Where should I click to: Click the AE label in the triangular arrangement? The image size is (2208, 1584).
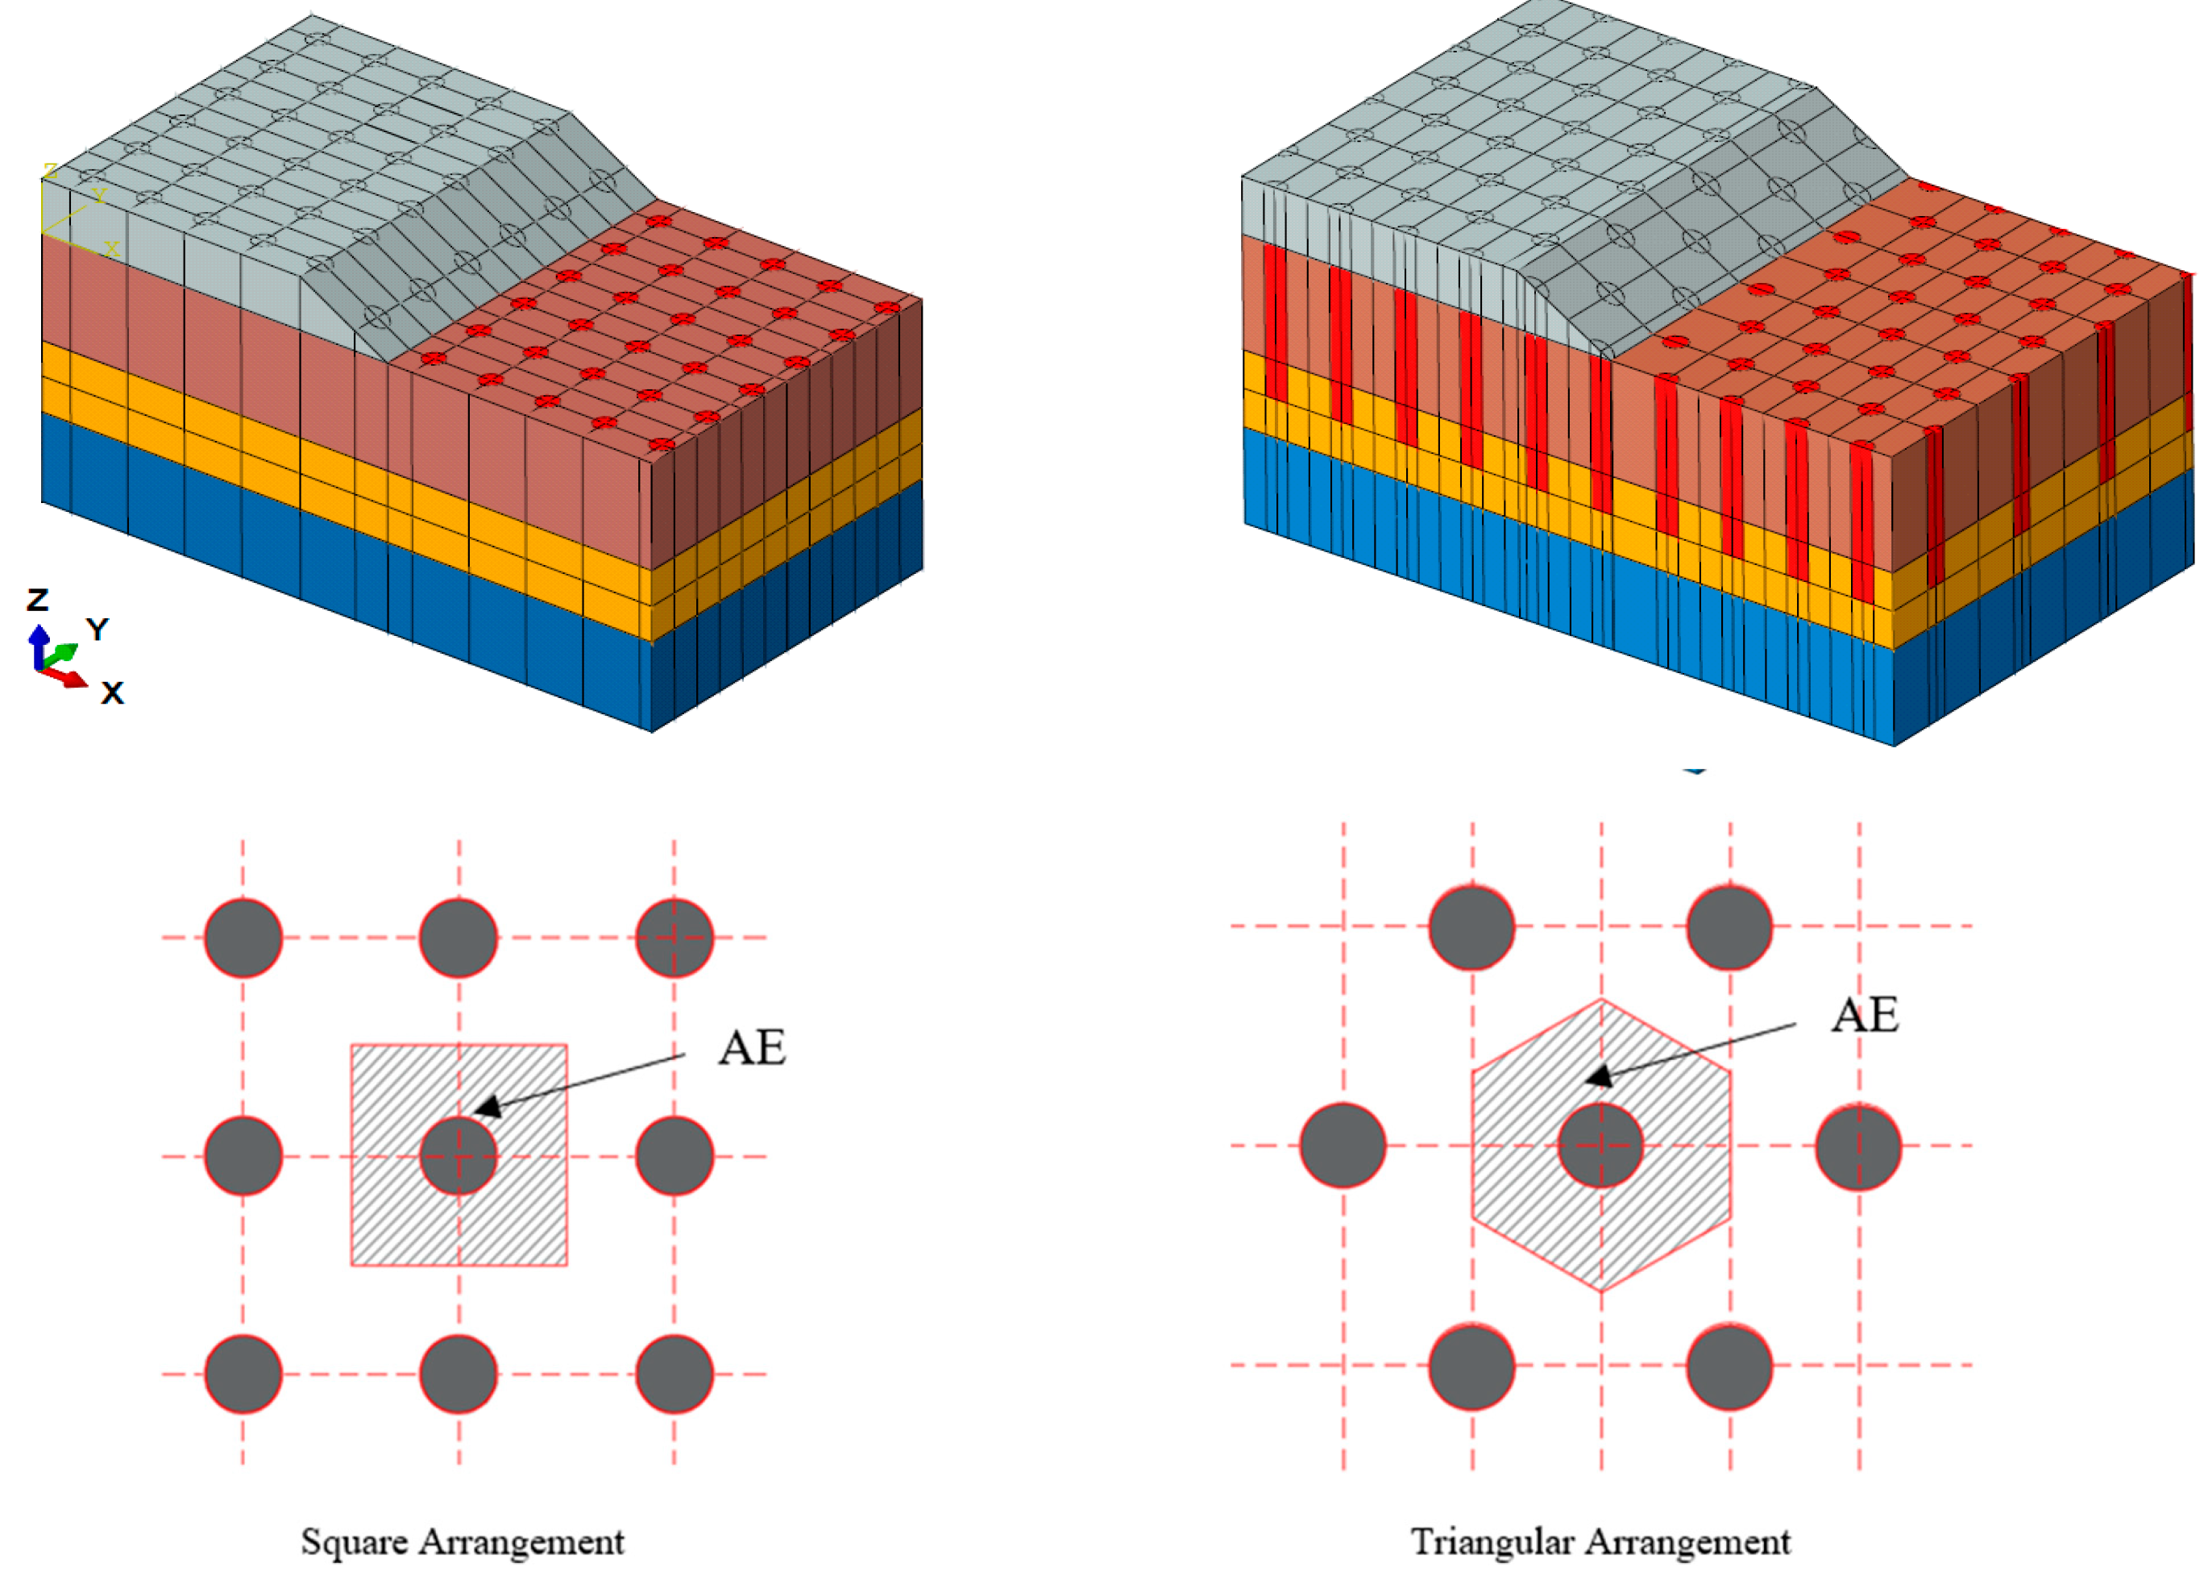click(1865, 1017)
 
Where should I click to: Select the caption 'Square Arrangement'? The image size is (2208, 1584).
click(463, 1542)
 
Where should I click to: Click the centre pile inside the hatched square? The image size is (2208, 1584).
click(459, 1156)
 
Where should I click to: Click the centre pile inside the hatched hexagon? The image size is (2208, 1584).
click(1600, 1146)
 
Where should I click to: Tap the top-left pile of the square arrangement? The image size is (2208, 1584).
click(243, 938)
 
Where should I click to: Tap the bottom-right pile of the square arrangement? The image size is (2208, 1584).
click(674, 1374)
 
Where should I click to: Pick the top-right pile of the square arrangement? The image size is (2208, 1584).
click(674, 938)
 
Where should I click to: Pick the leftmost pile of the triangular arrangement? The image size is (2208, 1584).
click(1343, 1146)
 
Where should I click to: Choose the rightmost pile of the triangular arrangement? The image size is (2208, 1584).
click(1858, 1146)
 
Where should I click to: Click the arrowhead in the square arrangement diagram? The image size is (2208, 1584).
click(488, 1106)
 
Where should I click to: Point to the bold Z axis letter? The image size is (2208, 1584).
click(38, 600)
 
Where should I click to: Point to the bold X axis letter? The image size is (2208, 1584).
click(113, 693)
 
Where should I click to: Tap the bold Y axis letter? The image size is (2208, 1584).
click(98, 629)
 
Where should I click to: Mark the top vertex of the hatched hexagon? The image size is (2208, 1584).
click(1601, 999)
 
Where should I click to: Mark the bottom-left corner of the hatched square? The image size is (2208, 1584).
click(352, 1265)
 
